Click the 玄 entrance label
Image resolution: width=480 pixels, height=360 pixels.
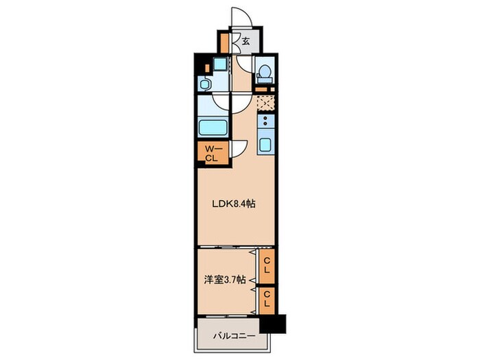pos(245,40)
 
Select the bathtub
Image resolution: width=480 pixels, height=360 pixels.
pos(213,128)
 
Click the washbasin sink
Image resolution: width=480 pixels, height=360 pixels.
pos(204,83)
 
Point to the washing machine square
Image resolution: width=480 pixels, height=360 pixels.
pos(220,64)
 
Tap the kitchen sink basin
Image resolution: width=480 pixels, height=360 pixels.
pos(266,145)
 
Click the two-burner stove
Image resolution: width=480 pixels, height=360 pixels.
pos(265,121)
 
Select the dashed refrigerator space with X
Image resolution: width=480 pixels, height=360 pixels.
pos(265,103)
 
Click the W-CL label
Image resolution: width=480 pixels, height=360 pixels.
pos(212,154)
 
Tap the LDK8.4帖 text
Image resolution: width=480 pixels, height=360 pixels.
pos(234,204)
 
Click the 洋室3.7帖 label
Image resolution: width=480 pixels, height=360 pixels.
pos(225,280)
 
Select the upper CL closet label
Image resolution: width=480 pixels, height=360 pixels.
pos(267,266)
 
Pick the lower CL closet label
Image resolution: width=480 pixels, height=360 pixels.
pos(267,299)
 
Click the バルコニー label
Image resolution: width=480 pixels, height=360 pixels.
pos(235,337)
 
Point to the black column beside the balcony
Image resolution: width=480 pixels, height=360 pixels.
pos(272,324)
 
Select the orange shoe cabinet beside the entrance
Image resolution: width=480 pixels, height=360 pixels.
pos(224,43)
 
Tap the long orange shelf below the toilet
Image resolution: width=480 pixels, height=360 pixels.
pos(261,89)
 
